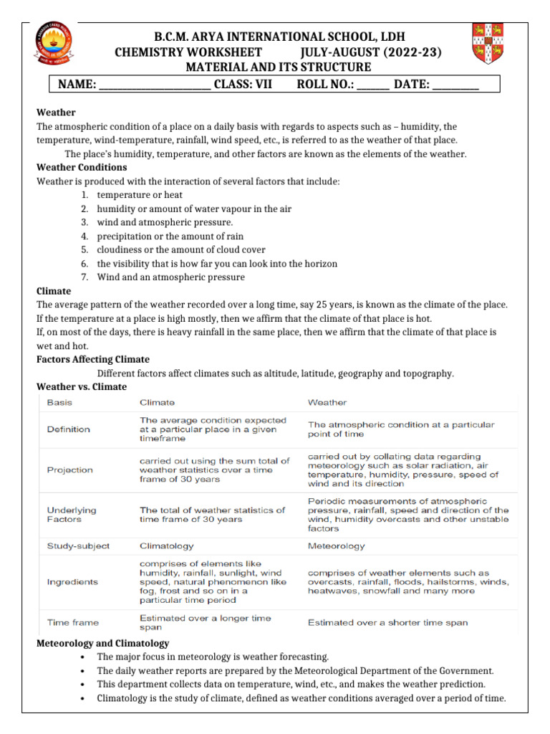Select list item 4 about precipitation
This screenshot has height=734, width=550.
coord(170,236)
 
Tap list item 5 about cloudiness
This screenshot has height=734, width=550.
coord(180,249)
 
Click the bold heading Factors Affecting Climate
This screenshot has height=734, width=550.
coord(93,359)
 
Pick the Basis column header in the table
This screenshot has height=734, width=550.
coord(59,403)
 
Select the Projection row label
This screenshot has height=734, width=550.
coord(69,470)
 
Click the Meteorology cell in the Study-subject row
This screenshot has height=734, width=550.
coord(336,545)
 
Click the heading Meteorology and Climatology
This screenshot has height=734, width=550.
coord(102,643)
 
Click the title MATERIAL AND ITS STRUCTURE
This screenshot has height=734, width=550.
coord(278,67)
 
